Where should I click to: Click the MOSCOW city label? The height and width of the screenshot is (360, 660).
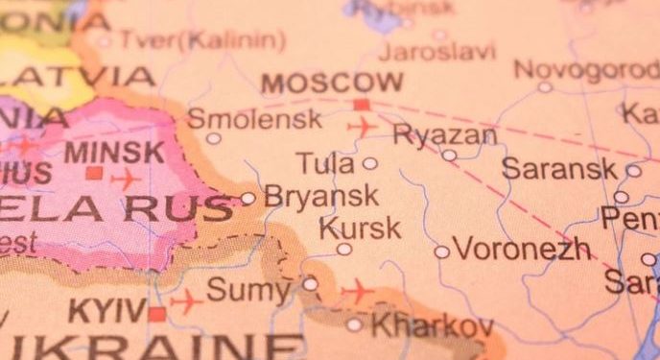332,83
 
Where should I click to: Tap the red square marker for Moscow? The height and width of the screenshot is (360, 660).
361,105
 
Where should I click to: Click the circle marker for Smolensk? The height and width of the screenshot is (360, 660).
213,138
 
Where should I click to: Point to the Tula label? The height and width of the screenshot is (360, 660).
325,163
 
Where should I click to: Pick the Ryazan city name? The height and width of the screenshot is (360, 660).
445,135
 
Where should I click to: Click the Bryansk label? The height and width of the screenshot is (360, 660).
320,197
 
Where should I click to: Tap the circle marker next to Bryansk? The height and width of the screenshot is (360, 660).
247,199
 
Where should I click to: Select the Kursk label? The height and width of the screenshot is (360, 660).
359,228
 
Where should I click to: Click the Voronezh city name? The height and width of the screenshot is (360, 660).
522,250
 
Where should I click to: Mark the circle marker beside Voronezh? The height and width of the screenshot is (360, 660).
441,252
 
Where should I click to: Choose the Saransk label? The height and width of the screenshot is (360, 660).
559,169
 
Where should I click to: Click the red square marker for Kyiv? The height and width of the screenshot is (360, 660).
156,313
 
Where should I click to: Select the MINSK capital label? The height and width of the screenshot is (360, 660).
114,152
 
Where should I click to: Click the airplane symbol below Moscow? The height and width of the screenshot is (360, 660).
364,127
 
